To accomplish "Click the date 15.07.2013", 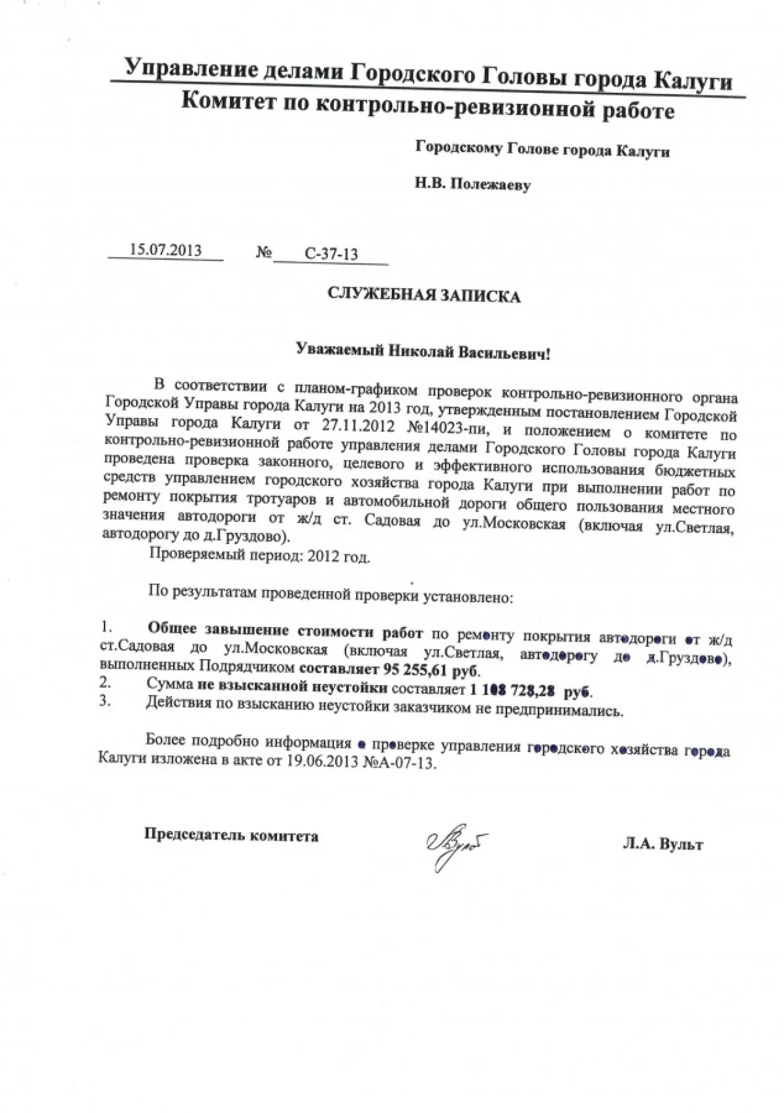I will point(165,250).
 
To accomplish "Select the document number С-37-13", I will point(331,254).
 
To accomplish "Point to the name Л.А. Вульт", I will point(662,845).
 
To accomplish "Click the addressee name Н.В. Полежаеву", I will point(472,185).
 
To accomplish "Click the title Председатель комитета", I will point(231,835).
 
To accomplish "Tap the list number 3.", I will point(104,702).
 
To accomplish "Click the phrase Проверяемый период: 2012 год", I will point(259,556).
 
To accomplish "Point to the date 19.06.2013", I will point(322,762).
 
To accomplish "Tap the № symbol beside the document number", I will point(264,252).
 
